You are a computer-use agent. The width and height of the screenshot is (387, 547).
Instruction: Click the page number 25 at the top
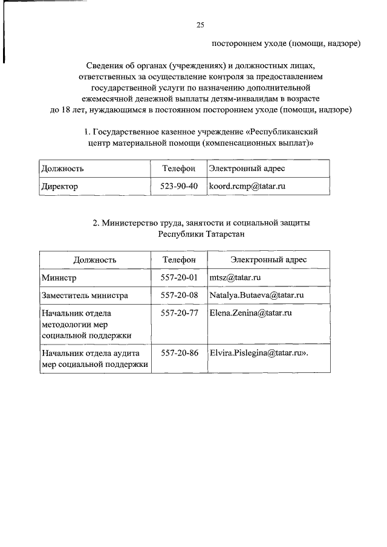coord(200,25)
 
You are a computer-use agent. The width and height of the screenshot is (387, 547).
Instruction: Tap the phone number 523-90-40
coord(179,186)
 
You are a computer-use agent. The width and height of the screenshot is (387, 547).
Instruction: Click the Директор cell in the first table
coord(59,186)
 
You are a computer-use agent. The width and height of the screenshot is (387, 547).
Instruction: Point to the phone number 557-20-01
coord(179,277)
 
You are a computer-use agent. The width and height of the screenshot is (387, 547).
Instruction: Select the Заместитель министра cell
coord(84,296)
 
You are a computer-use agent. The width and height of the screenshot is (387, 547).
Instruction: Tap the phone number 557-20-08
coord(179,296)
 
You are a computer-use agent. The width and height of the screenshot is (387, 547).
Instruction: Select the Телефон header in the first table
coord(179,168)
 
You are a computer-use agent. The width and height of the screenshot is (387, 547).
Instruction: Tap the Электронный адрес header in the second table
coord(268,259)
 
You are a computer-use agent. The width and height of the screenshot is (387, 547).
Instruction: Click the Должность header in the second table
coord(95,259)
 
